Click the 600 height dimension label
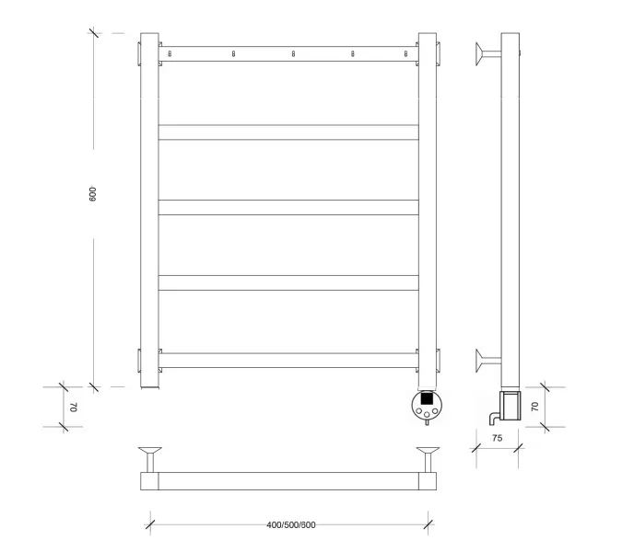click(x=92, y=194)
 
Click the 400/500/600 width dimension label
click(x=291, y=525)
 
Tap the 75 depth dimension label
click(x=497, y=438)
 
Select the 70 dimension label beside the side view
click(x=534, y=407)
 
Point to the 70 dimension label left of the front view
click(x=75, y=407)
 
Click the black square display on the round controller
click(x=427, y=398)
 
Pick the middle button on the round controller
click(x=427, y=415)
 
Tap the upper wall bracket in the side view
click(x=488, y=54)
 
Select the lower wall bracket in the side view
click(x=488, y=361)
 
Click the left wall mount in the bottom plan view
click(x=150, y=459)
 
